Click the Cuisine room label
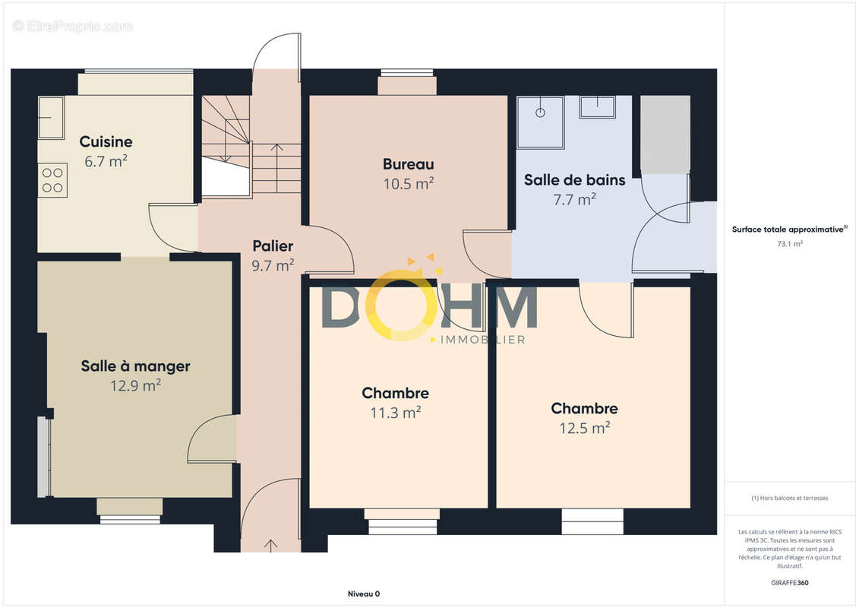(106, 141)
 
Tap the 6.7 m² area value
(106, 161)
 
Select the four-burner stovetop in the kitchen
(52, 180)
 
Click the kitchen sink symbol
(51, 117)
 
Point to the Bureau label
(408, 164)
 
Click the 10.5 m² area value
(408, 184)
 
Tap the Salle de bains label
(575, 180)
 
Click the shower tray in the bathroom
(541, 122)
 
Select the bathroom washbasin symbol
(597, 107)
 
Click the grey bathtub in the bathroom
(665, 135)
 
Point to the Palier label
(273, 245)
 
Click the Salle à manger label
(135, 366)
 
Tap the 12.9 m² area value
(135, 385)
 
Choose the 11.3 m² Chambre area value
(396, 412)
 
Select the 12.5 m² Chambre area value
(585, 428)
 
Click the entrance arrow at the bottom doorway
(271, 545)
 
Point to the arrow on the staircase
(276, 168)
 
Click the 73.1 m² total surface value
(789, 244)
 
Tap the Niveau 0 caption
(364, 594)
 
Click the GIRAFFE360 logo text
(789, 583)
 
